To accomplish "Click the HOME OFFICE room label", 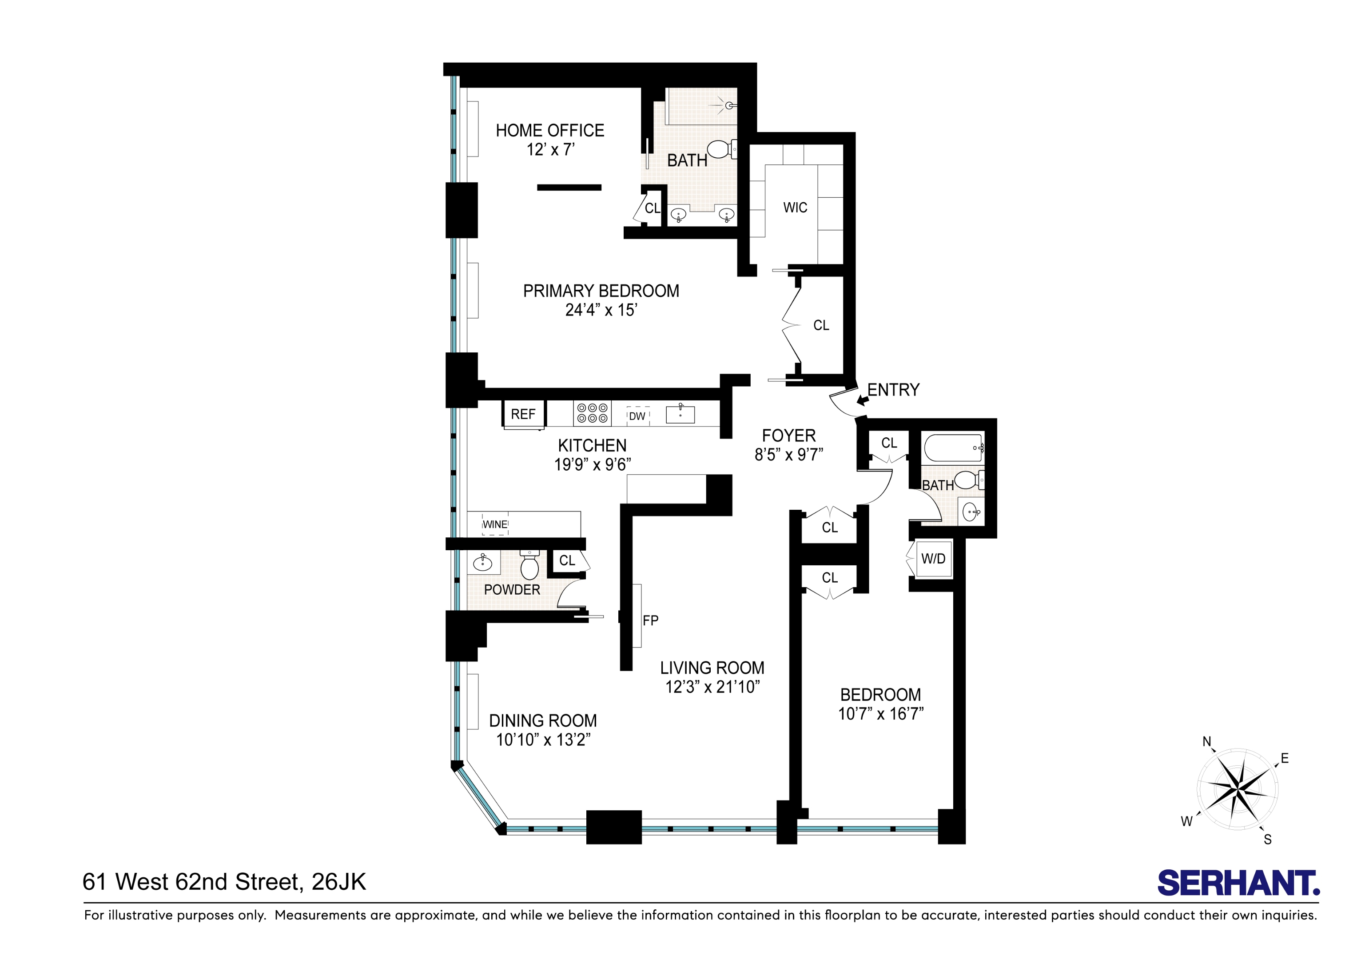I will [x=549, y=131].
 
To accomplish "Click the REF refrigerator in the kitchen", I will [x=523, y=414].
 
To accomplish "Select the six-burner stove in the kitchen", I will [x=592, y=413].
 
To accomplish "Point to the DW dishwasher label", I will [x=637, y=416].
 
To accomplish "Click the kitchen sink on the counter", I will [x=680, y=414].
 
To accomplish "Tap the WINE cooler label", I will [x=495, y=524].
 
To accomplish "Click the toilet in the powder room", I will [x=529, y=566].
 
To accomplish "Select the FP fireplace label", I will [x=650, y=620].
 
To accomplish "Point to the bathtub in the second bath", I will [x=953, y=448].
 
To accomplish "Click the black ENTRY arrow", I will [x=862, y=400].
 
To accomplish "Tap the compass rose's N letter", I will [x=1207, y=742].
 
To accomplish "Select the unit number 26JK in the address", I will [x=338, y=882].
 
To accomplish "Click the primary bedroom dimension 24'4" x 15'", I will [x=601, y=310].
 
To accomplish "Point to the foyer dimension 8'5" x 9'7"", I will [x=788, y=455].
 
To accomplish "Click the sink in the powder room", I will [x=483, y=562].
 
